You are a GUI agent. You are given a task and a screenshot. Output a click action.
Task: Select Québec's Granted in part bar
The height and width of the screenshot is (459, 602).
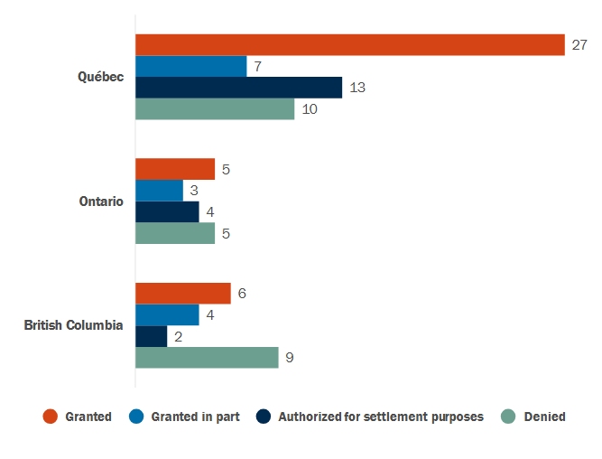[190, 66]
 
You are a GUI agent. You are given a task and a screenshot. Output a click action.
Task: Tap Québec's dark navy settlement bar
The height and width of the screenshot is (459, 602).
[238, 88]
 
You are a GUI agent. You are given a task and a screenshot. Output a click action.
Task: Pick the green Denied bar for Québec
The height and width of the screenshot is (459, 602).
[215, 109]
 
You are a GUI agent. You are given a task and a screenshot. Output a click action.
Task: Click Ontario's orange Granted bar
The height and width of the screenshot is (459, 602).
[175, 169]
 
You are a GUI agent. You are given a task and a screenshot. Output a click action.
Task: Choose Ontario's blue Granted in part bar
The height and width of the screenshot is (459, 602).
[159, 191]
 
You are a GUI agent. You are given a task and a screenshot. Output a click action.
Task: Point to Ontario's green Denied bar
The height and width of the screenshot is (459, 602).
[175, 233]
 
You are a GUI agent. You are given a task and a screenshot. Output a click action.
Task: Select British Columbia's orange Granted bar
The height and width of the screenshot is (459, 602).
[183, 294]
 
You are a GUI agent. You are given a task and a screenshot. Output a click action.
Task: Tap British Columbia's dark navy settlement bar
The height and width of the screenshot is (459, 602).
[151, 336]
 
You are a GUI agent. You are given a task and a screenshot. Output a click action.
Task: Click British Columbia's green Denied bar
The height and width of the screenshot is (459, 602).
[207, 358]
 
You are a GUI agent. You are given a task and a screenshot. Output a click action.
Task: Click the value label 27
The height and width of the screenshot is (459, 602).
[579, 45]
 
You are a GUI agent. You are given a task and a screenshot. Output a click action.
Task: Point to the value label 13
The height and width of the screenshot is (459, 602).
[357, 88]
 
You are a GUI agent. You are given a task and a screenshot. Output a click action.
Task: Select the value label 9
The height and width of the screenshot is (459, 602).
[290, 358]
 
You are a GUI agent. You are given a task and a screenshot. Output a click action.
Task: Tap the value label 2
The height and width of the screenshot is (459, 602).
[178, 336]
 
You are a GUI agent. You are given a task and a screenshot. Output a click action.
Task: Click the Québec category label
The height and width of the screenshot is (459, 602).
[100, 77]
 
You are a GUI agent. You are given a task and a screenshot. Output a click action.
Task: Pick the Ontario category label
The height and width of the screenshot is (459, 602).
[101, 201]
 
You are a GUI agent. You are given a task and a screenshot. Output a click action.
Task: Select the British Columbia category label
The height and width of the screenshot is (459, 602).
[73, 325]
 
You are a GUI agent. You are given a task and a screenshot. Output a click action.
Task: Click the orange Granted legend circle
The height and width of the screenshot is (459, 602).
[51, 417]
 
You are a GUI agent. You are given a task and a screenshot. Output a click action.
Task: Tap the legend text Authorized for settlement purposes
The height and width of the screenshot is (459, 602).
[381, 417]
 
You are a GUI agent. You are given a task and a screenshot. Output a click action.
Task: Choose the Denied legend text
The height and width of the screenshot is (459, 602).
[544, 417]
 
